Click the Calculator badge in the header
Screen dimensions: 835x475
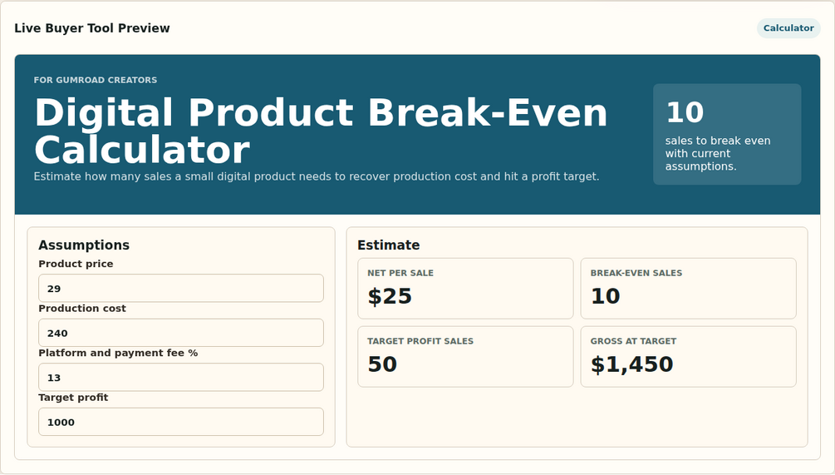(788, 28)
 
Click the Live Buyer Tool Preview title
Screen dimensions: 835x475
(92, 28)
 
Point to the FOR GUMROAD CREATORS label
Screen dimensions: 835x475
(96, 80)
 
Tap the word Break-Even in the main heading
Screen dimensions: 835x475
(487, 112)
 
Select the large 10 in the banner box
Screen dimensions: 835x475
(685, 112)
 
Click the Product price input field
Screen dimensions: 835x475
(181, 289)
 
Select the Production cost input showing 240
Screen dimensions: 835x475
(181, 334)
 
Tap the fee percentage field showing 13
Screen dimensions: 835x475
(181, 378)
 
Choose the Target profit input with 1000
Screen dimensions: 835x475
(181, 423)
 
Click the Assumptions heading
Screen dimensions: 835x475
(84, 245)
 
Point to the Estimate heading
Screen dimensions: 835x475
(388, 245)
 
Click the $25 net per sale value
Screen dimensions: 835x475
(390, 296)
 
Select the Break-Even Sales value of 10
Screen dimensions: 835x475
(606, 296)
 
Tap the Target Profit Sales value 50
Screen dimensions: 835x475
(382, 364)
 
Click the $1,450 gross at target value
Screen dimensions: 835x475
(632, 364)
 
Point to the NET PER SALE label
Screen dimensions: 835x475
(400, 273)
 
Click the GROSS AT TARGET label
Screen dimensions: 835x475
(633, 341)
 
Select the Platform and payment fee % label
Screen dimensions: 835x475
(118, 353)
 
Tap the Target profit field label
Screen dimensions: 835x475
(73, 398)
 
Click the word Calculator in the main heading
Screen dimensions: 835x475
(142, 150)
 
